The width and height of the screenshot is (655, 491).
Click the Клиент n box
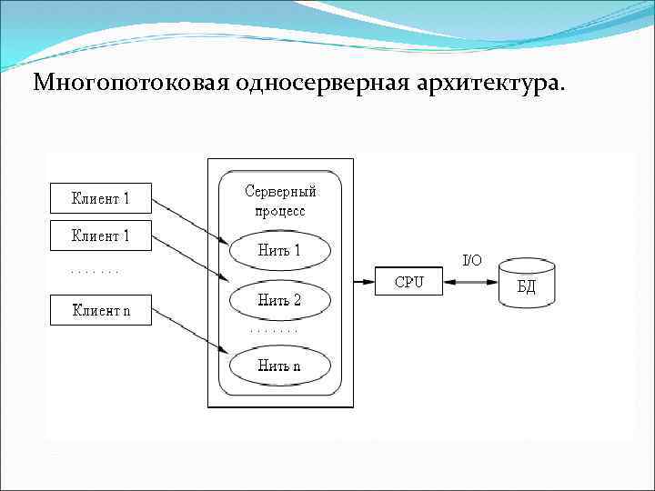[100, 310]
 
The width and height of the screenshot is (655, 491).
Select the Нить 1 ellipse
[279, 250]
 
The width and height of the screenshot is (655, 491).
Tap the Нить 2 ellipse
[279, 299]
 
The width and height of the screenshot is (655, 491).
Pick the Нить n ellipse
[279, 366]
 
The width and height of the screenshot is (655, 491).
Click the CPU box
[408, 282]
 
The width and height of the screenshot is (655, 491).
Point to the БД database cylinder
[528, 285]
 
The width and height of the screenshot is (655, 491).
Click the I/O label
[472, 261]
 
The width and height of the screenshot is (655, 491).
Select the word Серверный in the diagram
[281, 192]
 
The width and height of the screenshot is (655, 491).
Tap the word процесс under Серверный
[280, 211]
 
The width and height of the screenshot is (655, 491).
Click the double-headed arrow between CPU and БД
[472, 282]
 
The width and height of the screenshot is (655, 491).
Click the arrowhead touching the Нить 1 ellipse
[224, 241]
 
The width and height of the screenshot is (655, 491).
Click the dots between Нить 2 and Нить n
[273, 331]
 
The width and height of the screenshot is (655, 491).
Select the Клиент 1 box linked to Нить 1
[100, 196]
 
